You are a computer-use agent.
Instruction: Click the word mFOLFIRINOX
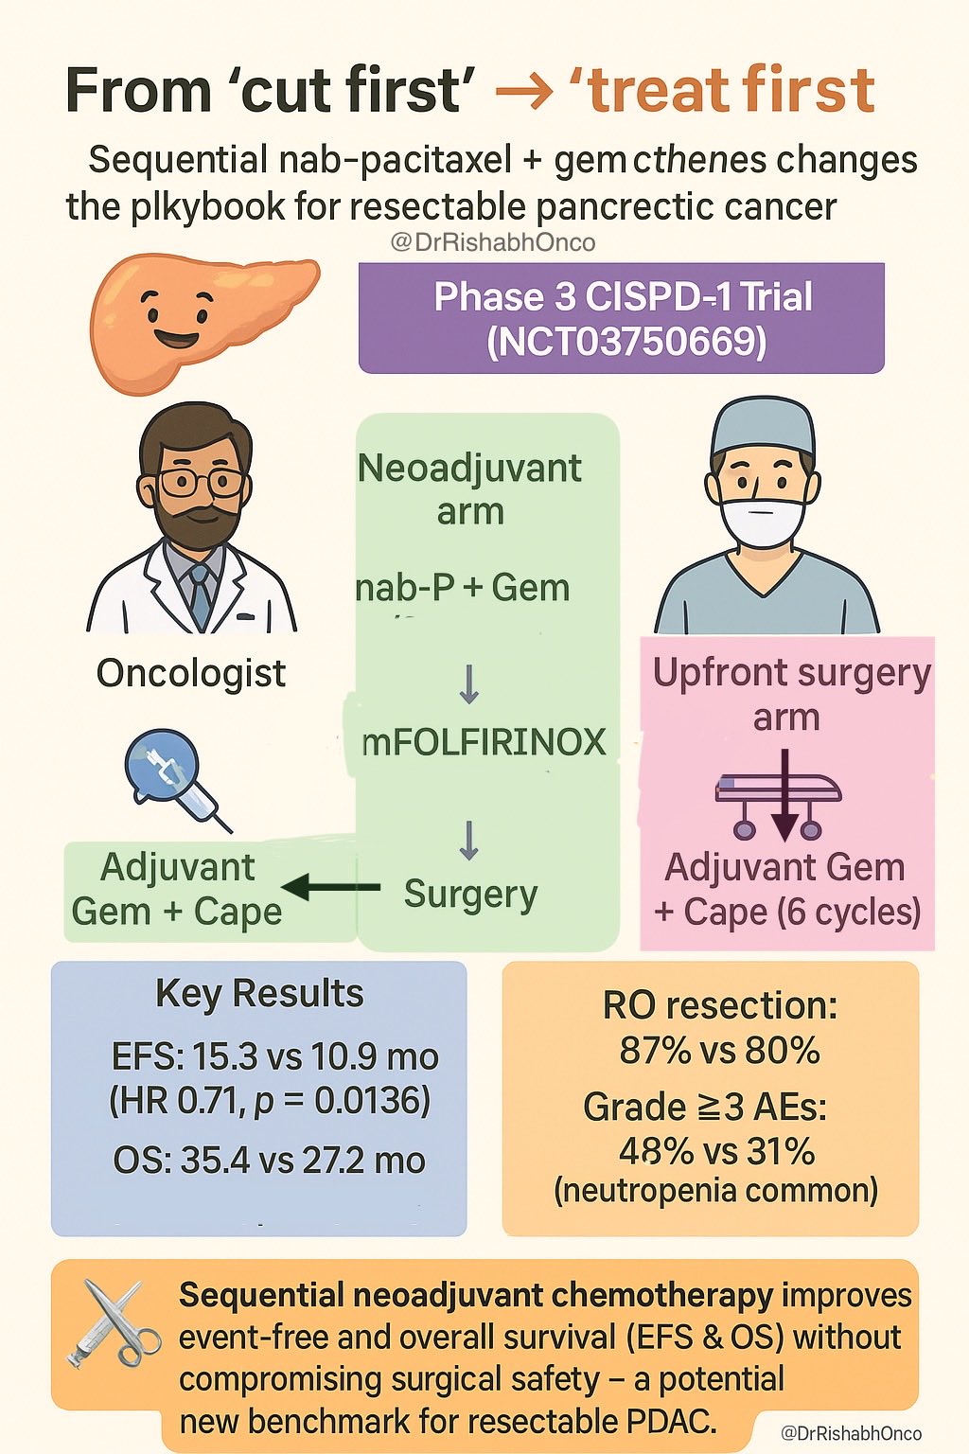[x=484, y=742]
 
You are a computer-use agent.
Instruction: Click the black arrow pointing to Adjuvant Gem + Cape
[x=330, y=887]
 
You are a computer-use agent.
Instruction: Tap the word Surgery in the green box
[x=470, y=895]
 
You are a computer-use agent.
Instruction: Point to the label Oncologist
[x=191, y=673]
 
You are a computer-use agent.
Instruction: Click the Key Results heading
[x=259, y=994]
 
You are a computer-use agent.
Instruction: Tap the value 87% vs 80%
[x=719, y=1051]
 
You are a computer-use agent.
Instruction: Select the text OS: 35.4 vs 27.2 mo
[x=269, y=1161]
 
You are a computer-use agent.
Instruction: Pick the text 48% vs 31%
[x=716, y=1152]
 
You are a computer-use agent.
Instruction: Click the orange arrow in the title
[x=523, y=92]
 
